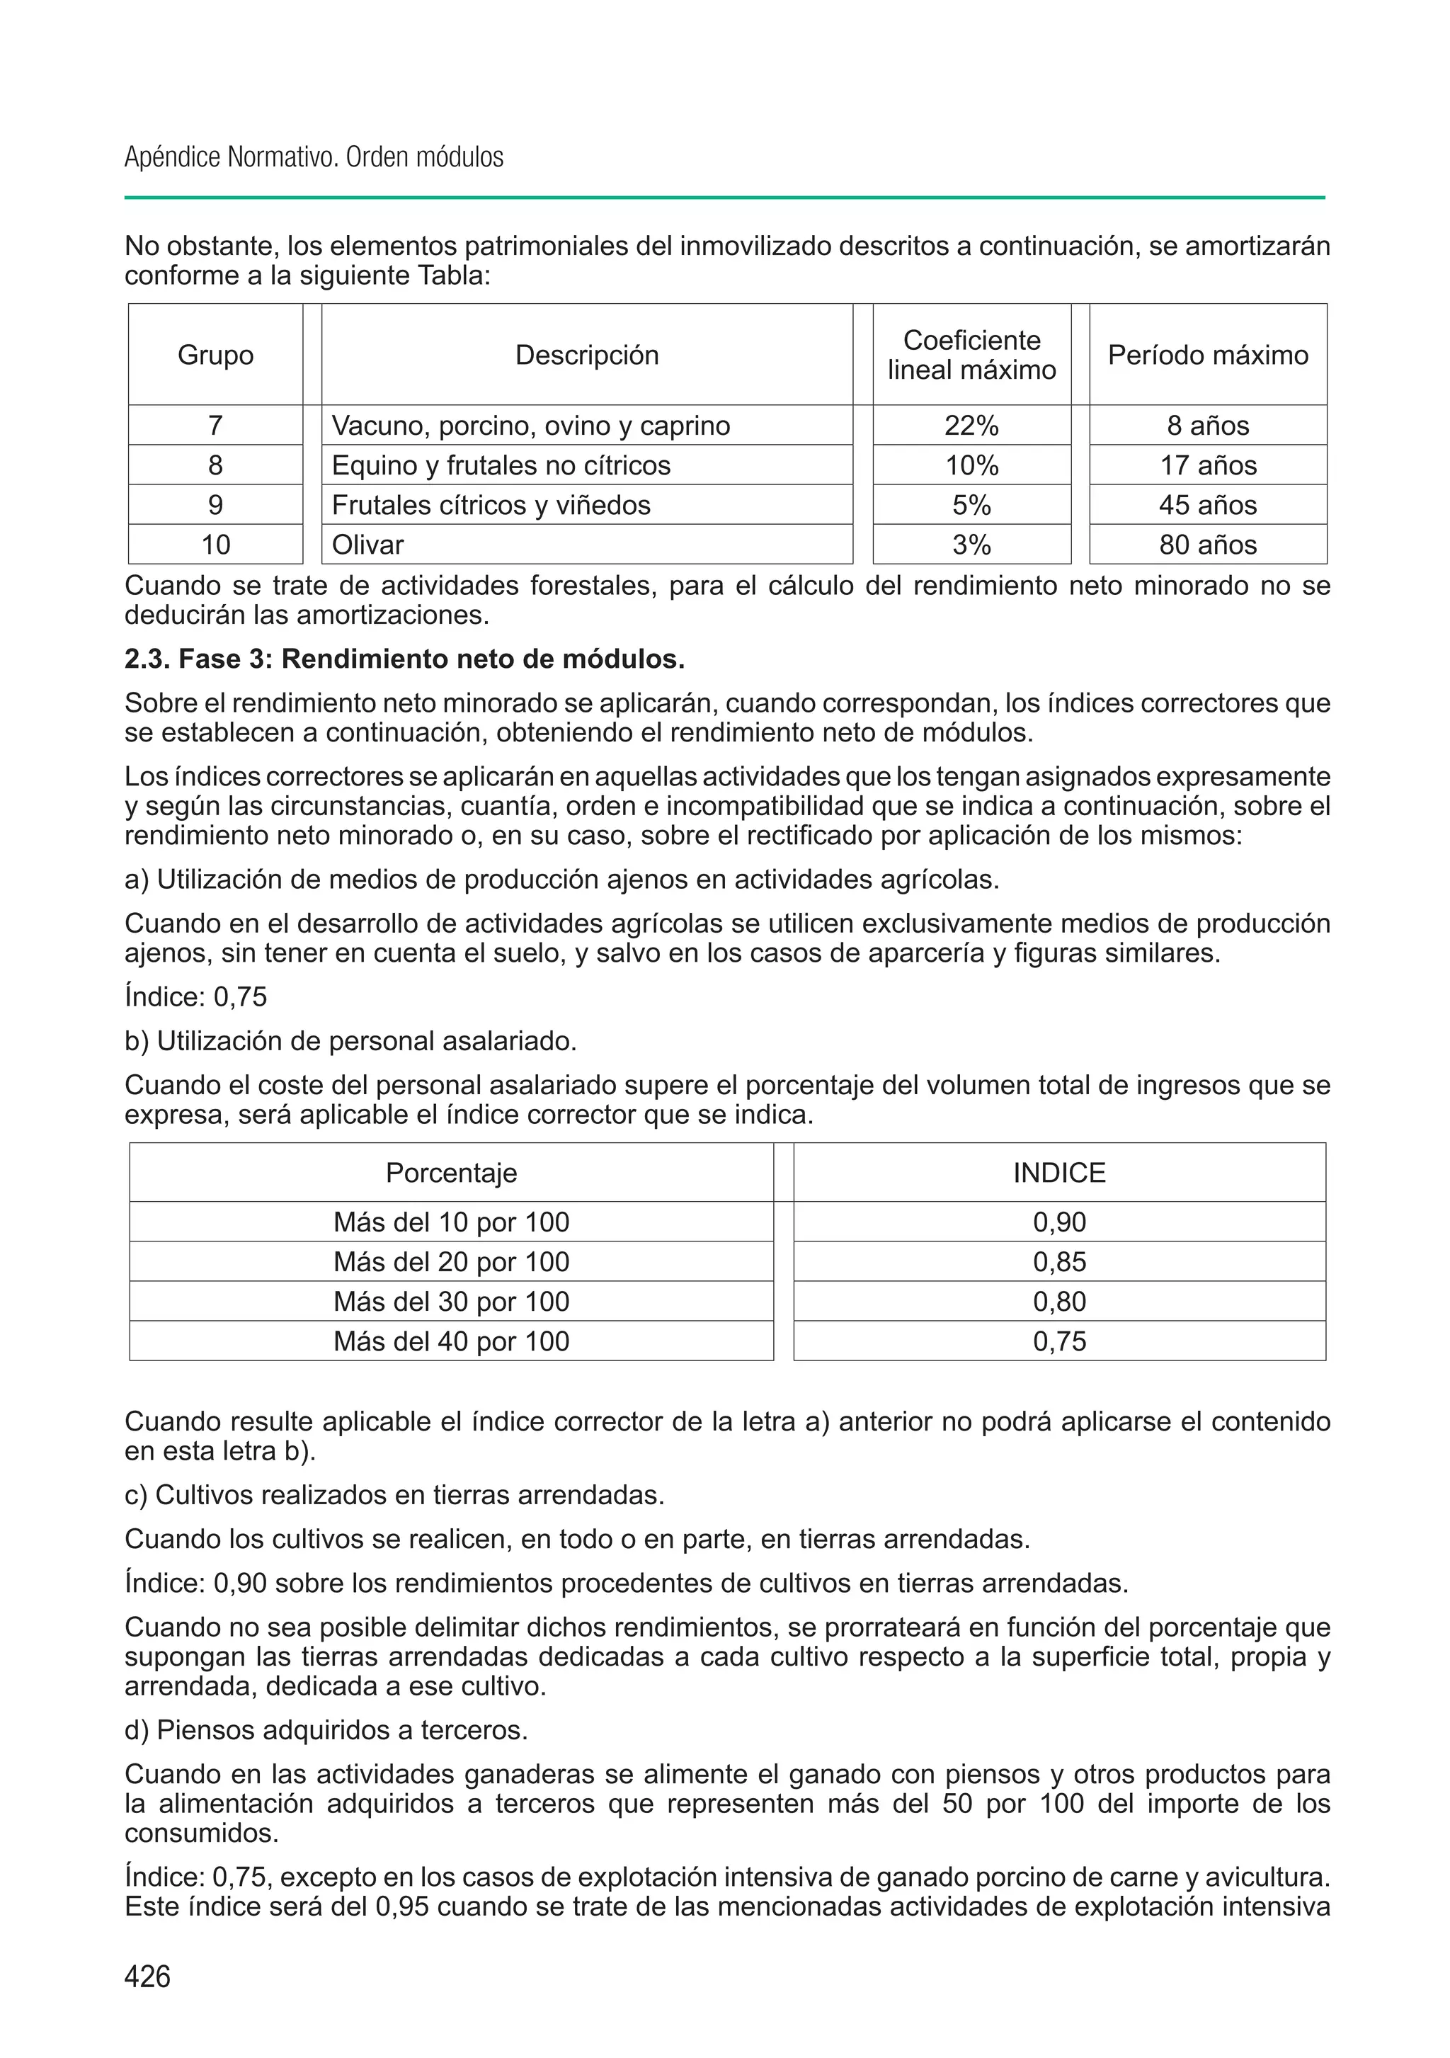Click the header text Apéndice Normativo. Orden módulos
(x=314, y=158)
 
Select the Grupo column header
(x=215, y=355)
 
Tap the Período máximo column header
(x=1207, y=355)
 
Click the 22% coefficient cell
(x=971, y=426)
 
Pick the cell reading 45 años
(x=1207, y=505)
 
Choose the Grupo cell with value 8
(x=215, y=465)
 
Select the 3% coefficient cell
(x=971, y=545)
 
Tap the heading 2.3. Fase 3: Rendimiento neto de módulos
(x=404, y=660)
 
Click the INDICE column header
(x=1059, y=1173)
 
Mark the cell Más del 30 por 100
(x=451, y=1302)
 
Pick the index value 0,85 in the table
(x=1059, y=1262)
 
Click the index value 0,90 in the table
(x=1059, y=1222)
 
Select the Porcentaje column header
(x=451, y=1173)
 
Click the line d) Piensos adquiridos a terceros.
(x=326, y=1730)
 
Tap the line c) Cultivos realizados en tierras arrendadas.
(x=394, y=1495)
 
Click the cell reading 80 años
(x=1207, y=545)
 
